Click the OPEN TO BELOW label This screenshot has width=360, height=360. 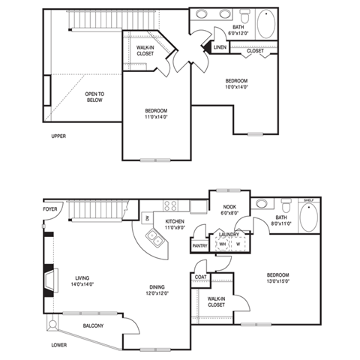coord(95,97)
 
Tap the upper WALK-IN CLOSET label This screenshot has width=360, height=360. coord(145,51)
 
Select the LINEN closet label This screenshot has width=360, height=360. coord(220,47)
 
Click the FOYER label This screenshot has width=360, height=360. coord(50,210)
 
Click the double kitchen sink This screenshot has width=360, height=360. coord(156,239)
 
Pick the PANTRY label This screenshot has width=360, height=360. coord(199,245)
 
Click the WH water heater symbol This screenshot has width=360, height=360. coord(223,244)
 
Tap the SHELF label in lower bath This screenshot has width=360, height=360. coord(307,201)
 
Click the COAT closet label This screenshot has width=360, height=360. coord(200,276)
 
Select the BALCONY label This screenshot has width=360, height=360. coord(94,325)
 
